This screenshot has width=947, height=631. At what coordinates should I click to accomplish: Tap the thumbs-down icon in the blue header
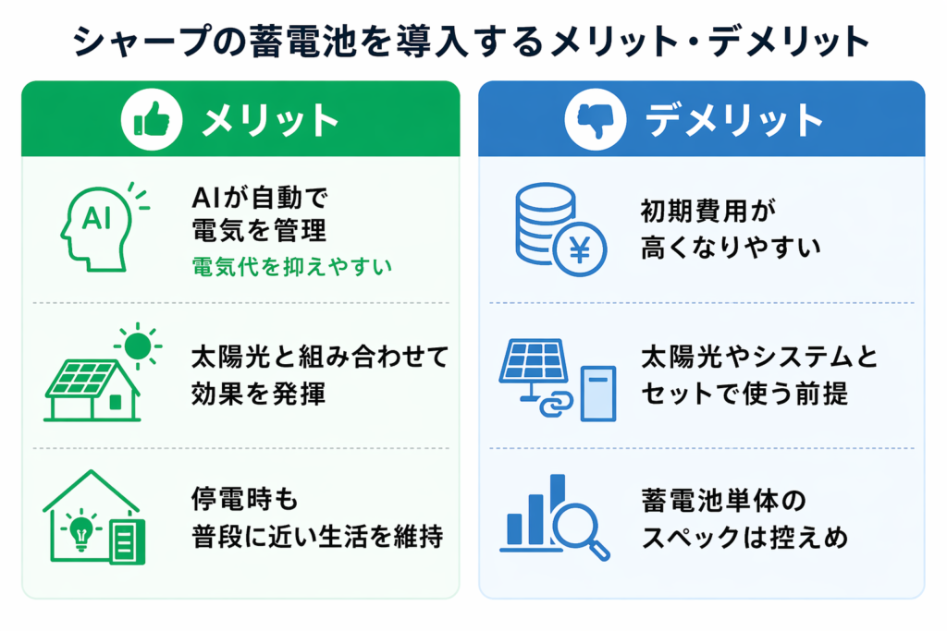(x=594, y=120)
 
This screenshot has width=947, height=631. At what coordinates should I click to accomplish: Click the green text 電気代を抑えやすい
(x=291, y=267)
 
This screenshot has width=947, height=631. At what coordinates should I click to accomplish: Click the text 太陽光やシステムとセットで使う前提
(x=758, y=375)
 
